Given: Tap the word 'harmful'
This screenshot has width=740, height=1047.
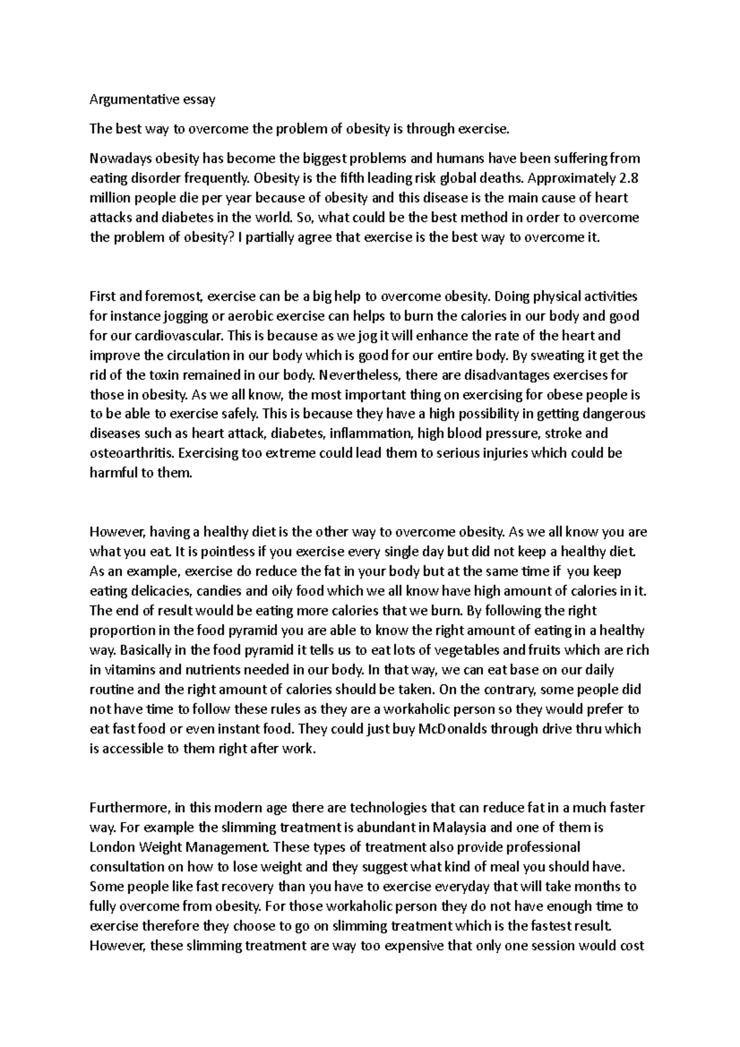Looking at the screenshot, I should (114, 474).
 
